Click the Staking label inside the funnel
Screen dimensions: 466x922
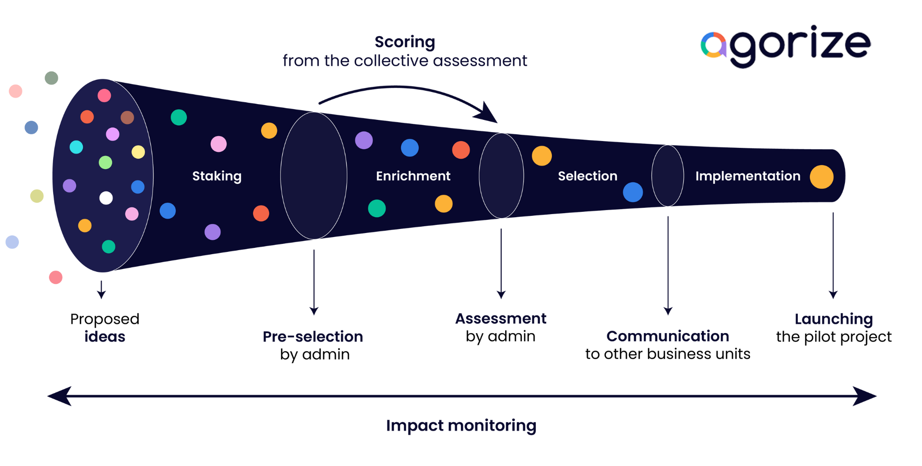[x=217, y=176]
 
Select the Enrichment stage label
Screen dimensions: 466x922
[x=413, y=176]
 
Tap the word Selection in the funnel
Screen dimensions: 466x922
[x=588, y=176]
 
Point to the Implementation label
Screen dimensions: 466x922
[x=747, y=176]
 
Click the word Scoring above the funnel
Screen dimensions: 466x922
[x=405, y=42]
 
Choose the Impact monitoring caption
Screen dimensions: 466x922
[x=461, y=425]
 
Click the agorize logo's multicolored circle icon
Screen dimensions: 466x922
[x=713, y=45]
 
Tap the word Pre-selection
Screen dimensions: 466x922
[x=313, y=337]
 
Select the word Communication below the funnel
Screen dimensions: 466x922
[x=668, y=336]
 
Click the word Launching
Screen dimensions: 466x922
[x=833, y=319]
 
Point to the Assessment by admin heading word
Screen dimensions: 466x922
[x=501, y=319]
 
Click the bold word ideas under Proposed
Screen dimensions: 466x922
[x=104, y=337]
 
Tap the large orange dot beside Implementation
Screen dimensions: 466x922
[x=821, y=177]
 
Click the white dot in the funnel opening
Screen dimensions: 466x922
[x=106, y=198]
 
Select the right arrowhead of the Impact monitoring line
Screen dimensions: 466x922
[x=864, y=396]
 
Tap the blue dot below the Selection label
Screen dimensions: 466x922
[x=633, y=192]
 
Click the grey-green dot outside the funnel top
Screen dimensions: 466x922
[x=51, y=78]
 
